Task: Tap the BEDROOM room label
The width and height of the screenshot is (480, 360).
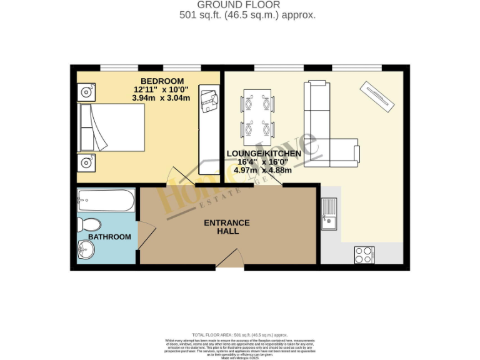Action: coord(162,81)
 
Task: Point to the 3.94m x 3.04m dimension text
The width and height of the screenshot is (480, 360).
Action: coord(161,98)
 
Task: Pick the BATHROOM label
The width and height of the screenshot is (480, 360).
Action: coord(109,237)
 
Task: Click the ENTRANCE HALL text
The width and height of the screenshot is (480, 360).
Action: coord(226,227)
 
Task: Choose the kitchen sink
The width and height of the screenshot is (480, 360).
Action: coord(329,212)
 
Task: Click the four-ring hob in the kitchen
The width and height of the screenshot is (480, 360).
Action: coord(364,254)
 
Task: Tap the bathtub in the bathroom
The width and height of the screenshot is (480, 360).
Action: coord(105,201)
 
